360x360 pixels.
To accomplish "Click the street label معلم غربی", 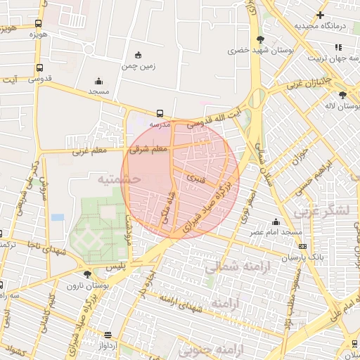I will tap(88, 150).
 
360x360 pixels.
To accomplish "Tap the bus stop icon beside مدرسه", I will tap(160, 112).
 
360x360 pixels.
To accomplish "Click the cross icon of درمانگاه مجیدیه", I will tap(321, 15).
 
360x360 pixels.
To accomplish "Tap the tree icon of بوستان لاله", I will tap(342, 95).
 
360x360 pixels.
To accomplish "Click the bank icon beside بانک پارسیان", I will tap(302, 246).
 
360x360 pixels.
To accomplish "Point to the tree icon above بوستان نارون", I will tap(87, 274).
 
